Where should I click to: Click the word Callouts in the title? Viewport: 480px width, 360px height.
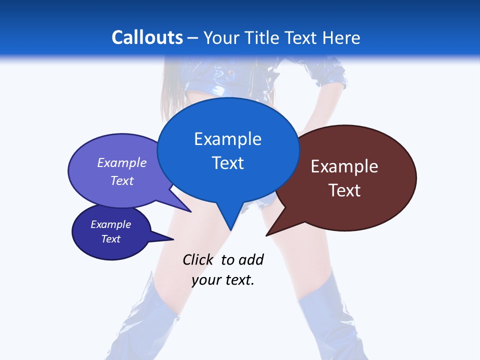point(147,37)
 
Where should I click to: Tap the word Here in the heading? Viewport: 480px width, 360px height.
point(340,37)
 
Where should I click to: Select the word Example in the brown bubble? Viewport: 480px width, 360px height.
point(344,166)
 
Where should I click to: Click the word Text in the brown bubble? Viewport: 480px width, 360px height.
point(344,190)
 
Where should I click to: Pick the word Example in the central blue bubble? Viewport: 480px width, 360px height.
point(227,139)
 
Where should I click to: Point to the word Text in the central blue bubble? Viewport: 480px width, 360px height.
point(227,163)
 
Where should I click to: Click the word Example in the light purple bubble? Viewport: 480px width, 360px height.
point(122,162)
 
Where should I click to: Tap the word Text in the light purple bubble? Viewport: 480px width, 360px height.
point(122,180)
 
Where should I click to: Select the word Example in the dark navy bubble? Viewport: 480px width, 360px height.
point(111,224)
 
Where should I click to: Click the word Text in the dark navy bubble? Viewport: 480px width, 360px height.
point(111,239)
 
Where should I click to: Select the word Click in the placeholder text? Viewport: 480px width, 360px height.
point(197,259)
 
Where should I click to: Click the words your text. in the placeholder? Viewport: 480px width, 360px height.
point(223,280)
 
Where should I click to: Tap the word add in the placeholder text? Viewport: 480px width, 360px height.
point(251,259)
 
